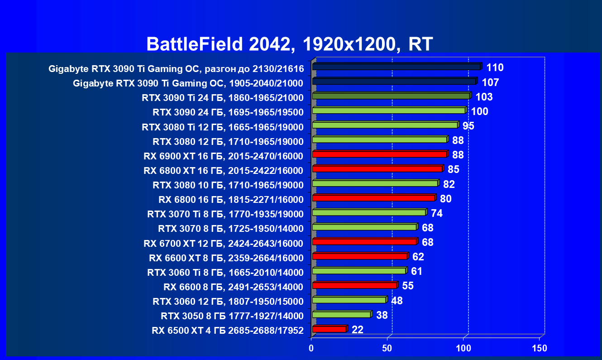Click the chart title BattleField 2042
coord(290,44)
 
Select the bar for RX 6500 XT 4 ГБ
coord(329,329)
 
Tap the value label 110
coord(495,68)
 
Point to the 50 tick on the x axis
coord(387,348)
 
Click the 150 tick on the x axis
coord(540,348)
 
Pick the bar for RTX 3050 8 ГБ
coord(341,314)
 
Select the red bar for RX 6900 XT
coord(379,154)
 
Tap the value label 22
coord(358,330)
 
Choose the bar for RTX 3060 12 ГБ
coord(349,300)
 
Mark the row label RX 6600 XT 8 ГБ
coord(226,258)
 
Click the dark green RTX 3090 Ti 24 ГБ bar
coord(391,96)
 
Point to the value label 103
coord(483,97)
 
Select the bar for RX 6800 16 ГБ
coord(373,198)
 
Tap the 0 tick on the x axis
coord(311,348)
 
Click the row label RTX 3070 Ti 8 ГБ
coord(225,214)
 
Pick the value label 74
coord(436,213)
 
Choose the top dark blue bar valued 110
coord(397,67)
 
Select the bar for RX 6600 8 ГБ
coord(354,285)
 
